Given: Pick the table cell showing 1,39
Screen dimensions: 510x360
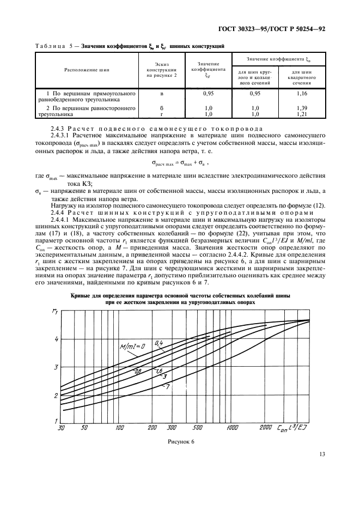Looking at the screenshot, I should [302, 109].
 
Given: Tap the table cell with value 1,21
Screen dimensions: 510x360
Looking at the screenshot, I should [302, 115].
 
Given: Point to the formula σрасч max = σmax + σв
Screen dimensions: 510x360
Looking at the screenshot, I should [180, 162].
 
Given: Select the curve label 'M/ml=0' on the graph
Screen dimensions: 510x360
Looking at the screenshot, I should [131, 347].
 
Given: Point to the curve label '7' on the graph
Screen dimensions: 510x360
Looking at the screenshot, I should [168, 386].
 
